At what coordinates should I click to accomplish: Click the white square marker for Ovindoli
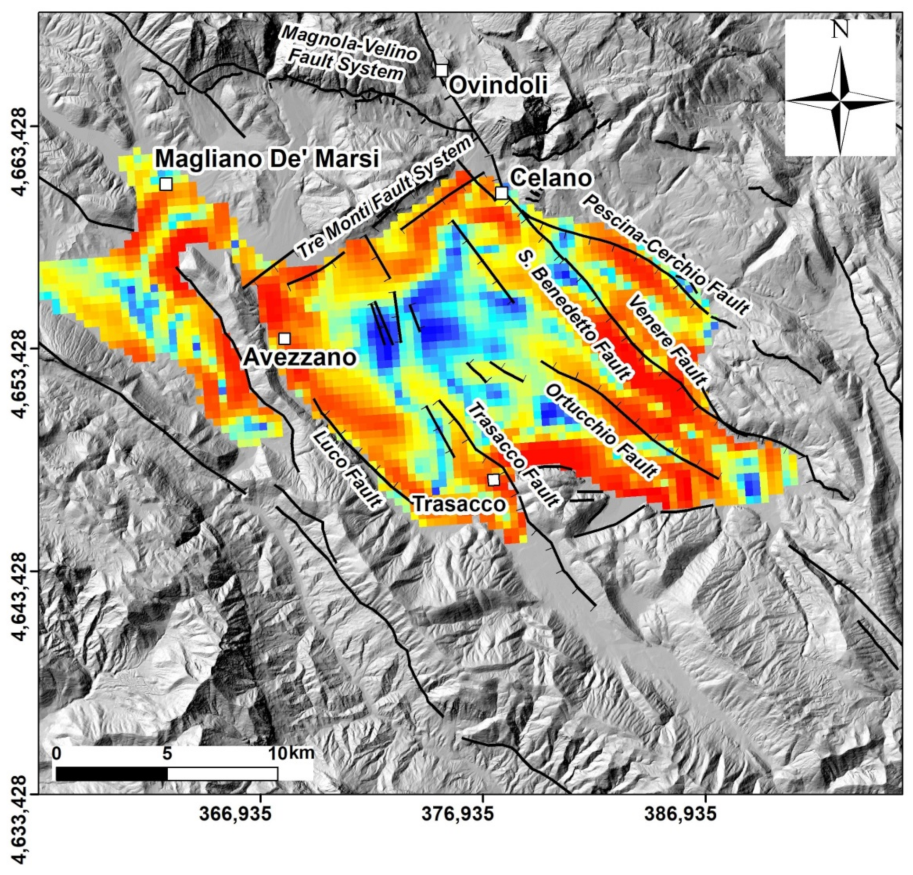(442, 70)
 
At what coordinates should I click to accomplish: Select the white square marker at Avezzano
(285, 338)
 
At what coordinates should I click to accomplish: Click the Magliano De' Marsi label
(267, 159)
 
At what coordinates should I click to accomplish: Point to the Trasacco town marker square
(493, 479)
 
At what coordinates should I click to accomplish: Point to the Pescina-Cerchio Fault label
(665, 254)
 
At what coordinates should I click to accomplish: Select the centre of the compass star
(840, 100)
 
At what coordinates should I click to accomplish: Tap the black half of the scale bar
(111, 774)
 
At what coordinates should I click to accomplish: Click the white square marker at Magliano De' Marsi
(166, 184)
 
